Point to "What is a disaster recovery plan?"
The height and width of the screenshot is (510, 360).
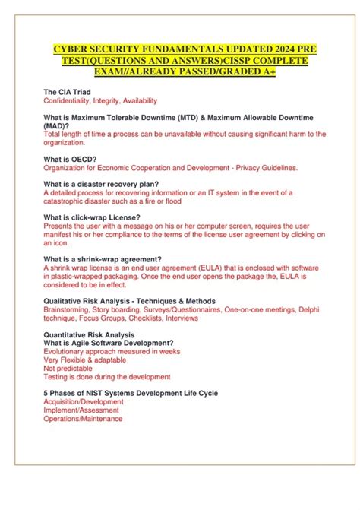coord(102,185)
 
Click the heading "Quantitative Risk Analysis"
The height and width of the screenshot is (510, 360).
coord(89,334)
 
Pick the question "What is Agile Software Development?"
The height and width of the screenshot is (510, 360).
coord(109,343)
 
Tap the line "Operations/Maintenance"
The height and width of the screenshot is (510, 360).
coord(83,418)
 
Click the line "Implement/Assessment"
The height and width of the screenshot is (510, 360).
coord(81,410)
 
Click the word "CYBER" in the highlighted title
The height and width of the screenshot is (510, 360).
coord(72,49)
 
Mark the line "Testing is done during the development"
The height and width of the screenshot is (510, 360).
coord(107,376)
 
